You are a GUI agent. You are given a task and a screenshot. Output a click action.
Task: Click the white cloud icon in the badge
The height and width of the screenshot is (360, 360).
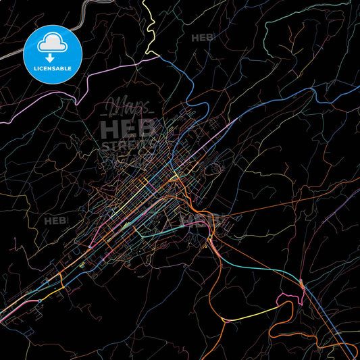53,42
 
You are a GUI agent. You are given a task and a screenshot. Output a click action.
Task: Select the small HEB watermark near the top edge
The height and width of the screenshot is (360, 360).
203,38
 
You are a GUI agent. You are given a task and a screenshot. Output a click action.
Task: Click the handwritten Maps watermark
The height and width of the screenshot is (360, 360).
128,108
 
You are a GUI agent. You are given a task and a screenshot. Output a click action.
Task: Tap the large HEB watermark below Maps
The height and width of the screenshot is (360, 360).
128,128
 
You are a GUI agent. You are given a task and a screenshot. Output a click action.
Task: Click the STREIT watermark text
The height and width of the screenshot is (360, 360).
128,143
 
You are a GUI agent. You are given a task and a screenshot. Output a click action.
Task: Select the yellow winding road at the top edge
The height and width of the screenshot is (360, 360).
149,27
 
